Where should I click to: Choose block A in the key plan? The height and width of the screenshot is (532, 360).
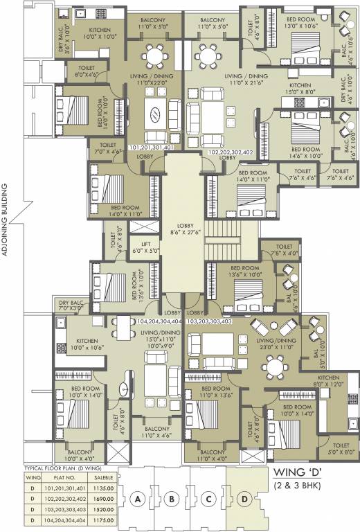[x=138, y=499]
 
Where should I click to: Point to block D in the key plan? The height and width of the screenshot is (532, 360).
[x=244, y=499]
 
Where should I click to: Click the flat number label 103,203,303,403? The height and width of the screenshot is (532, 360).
[x=209, y=321]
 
